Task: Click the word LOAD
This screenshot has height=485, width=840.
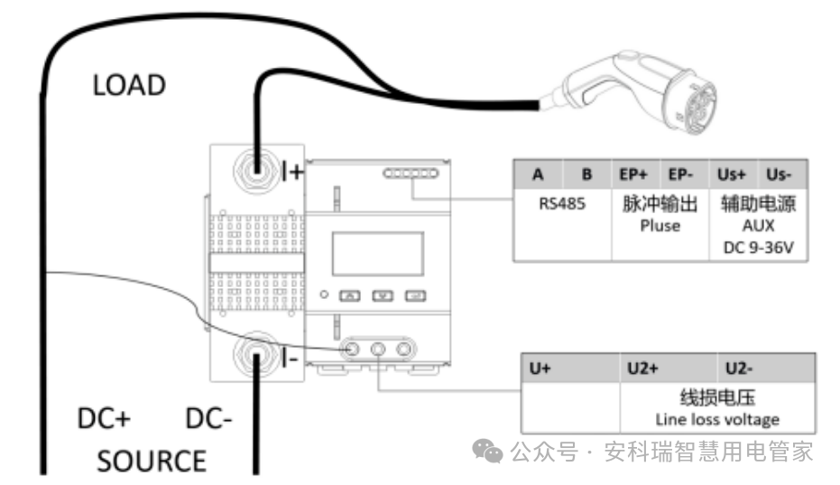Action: [x=130, y=86]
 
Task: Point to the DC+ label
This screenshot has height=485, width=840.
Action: [x=104, y=420]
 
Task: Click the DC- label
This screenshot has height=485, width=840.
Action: [x=209, y=420]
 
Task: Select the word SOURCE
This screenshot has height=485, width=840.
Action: [x=152, y=462]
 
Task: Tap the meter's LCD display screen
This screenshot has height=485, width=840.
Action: [x=377, y=253]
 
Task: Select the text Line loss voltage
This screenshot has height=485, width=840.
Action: [x=716, y=420]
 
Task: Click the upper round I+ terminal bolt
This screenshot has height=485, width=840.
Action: [x=255, y=168]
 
